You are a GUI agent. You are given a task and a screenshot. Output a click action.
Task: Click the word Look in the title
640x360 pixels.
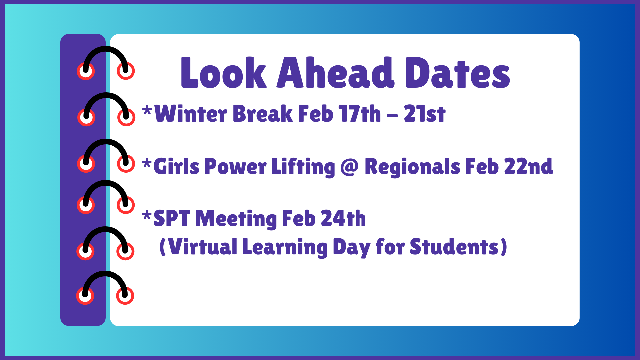point(224,73)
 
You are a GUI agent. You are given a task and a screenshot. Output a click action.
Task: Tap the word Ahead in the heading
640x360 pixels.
point(336,72)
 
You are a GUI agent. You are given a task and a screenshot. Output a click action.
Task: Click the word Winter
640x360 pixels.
point(191,113)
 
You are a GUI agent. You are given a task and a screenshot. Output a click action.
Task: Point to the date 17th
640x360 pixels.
point(360,113)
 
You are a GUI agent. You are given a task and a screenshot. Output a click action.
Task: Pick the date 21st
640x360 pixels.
point(425,114)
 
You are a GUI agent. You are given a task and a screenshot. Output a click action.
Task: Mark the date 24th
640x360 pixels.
point(343,218)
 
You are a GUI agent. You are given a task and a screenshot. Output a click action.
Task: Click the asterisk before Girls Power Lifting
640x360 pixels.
point(147,164)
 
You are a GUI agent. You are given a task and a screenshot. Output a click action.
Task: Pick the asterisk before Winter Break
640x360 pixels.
point(147,110)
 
